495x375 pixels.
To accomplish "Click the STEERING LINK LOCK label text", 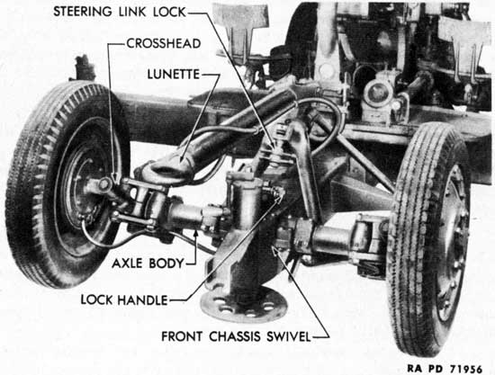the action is click(x=120, y=12).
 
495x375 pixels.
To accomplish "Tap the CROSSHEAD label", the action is click(x=164, y=43).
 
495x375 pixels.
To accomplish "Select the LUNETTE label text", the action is click(x=174, y=75).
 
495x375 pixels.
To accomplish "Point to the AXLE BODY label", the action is click(x=148, y=263).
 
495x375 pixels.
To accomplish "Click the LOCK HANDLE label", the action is click(x=124, y=300).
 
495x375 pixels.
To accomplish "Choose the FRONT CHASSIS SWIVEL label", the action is click(x=236, y=336).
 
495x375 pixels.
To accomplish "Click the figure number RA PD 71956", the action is click(x=445, y=369).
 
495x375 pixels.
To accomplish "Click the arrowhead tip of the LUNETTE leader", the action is click(x=181, y=162).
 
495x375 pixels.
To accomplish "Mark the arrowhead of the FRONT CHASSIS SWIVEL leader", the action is click(x=274, y=247).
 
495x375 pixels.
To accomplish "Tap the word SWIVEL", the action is click(x=289, y=336).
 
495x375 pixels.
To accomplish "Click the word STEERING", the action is click(x=83, y=12).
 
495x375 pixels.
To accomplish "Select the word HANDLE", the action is click(x=142, y=300).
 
